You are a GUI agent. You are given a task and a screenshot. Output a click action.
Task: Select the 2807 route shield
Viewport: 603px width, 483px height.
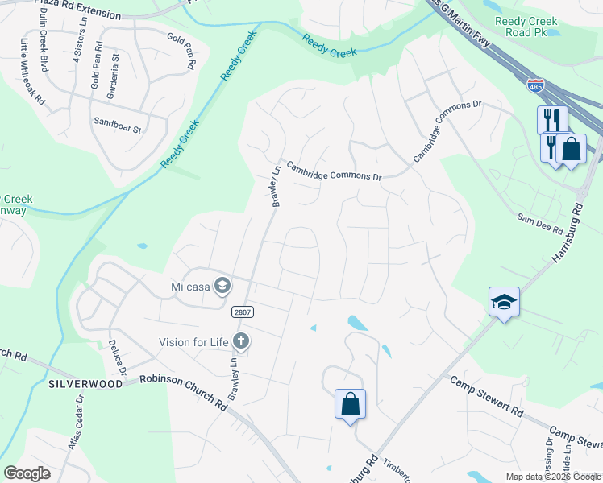coord(240,312)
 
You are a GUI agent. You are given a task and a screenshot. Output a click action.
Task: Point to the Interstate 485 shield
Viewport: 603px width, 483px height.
coord(536,86)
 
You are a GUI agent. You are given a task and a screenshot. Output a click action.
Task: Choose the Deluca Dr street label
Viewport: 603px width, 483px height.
coord(118,359)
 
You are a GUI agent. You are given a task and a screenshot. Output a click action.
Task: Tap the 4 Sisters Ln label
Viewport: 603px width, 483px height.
coord(78,50)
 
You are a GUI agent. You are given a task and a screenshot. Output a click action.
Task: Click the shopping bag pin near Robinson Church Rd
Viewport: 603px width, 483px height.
coord(351,403)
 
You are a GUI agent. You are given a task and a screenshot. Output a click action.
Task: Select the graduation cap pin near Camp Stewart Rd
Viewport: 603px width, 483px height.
coord(504,302)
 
